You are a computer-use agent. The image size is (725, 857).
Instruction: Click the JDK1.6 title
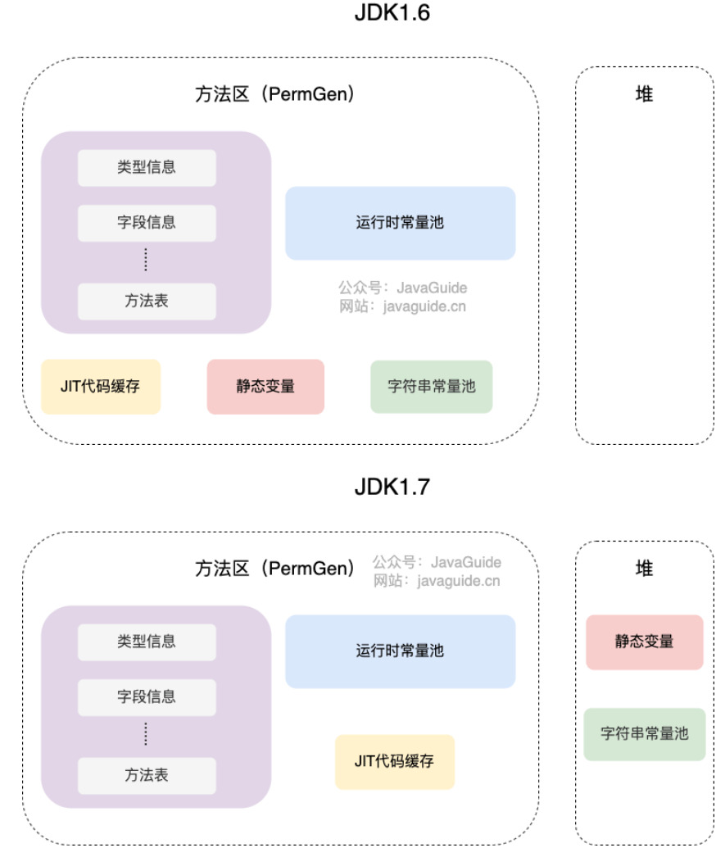[392, 13]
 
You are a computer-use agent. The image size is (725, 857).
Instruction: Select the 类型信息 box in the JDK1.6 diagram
[147, 167]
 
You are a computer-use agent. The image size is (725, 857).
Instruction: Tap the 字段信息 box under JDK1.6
[147, 222]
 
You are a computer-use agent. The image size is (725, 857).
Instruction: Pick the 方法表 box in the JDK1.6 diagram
[147, 301]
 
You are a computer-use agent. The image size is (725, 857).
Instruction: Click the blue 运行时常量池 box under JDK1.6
[400, 222]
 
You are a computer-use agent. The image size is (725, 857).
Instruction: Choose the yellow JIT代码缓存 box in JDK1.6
[101, 386]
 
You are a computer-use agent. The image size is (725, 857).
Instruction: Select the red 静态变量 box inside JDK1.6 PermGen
[265, 386]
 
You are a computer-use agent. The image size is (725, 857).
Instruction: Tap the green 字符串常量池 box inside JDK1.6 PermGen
[431, 386]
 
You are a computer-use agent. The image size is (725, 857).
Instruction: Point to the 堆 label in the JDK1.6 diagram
[645, 94]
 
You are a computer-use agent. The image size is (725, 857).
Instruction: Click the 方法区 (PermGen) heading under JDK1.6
[275, 95]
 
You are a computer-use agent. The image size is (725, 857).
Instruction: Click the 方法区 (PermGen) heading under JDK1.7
[275, 569]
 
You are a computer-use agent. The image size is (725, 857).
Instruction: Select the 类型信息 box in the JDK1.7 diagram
[147, 642]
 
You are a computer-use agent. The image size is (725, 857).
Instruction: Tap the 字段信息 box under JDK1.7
[147, 696]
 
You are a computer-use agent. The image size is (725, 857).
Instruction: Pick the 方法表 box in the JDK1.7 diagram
[147, 775]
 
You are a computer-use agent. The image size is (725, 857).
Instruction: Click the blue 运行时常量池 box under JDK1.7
[400, 651]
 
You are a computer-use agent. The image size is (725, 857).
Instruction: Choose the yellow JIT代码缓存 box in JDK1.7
[394, 761]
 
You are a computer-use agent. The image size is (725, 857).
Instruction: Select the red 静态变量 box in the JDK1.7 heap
[645, 642]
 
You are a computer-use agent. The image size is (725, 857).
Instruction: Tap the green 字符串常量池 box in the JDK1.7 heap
[645, 733]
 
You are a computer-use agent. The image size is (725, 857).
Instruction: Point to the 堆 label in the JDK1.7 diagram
[645, 569]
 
